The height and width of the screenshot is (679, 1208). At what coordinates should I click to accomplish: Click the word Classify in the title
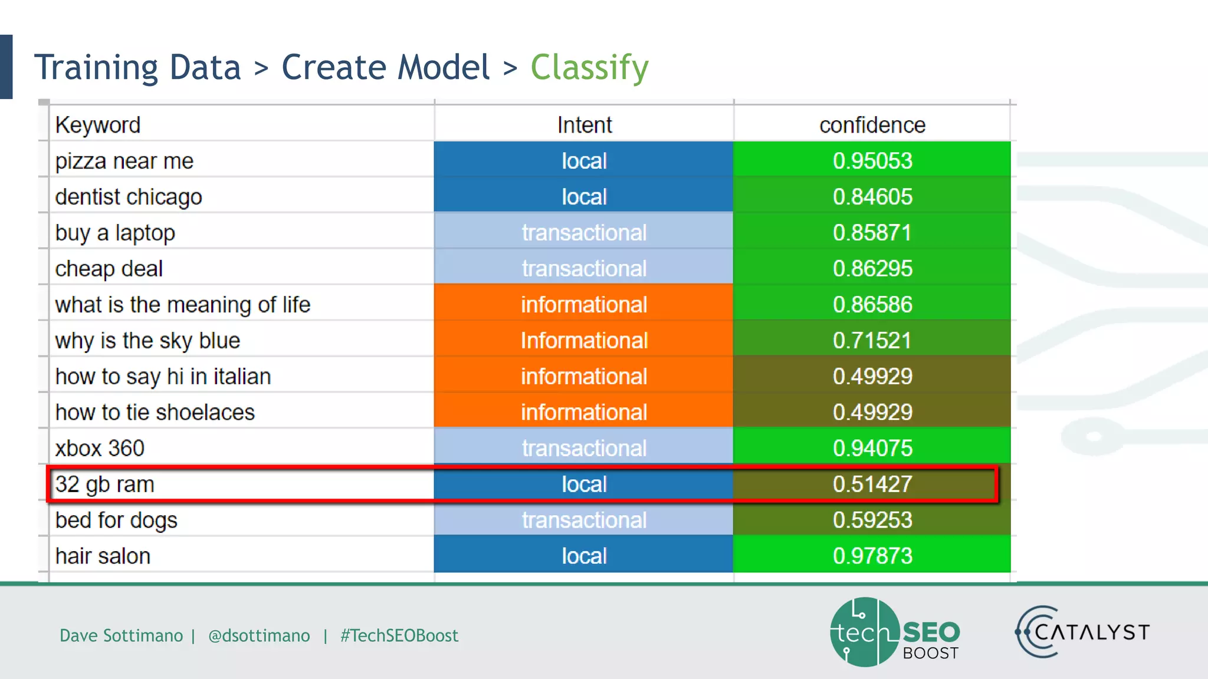tap(589, 68)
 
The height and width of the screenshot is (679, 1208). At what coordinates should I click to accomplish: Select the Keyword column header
tap(98, 125)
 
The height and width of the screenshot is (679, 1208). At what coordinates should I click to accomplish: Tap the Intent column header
tap(584, 125)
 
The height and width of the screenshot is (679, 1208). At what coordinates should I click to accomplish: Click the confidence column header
tap(872, 125)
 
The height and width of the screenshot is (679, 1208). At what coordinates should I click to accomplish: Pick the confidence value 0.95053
tap(872, 161)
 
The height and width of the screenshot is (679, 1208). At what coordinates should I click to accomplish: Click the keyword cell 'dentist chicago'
tap(129, 197)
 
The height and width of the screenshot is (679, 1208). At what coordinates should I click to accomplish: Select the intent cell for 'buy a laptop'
tap(584, 233)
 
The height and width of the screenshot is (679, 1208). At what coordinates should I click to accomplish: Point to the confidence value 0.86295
tap(872, 269)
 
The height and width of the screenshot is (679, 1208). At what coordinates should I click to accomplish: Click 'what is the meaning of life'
tap(183, 305)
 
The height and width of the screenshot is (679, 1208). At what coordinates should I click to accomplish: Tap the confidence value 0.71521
tap(872, 341)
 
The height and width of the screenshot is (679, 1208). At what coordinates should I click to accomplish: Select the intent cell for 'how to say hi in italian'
tap(584, 377)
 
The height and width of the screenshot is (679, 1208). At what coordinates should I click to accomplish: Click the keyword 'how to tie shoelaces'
tap(155, 413)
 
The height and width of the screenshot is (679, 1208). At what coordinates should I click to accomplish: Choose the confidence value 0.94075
tap(872, 449)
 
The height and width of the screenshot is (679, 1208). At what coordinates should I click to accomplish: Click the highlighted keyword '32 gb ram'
tap(105, 484)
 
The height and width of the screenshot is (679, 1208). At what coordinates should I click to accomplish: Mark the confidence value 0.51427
tap(872, 484)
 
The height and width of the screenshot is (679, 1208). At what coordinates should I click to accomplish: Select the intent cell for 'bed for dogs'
tap(584, 520)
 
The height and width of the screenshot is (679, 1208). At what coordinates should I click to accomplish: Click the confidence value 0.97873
tap(872, 556)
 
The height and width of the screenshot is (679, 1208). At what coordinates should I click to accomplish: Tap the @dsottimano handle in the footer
tap(259, 635)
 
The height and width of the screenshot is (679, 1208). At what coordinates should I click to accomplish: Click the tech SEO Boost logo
tap(894, 632)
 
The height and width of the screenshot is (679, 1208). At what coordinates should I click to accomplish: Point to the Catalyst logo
tap(1082, 632)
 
